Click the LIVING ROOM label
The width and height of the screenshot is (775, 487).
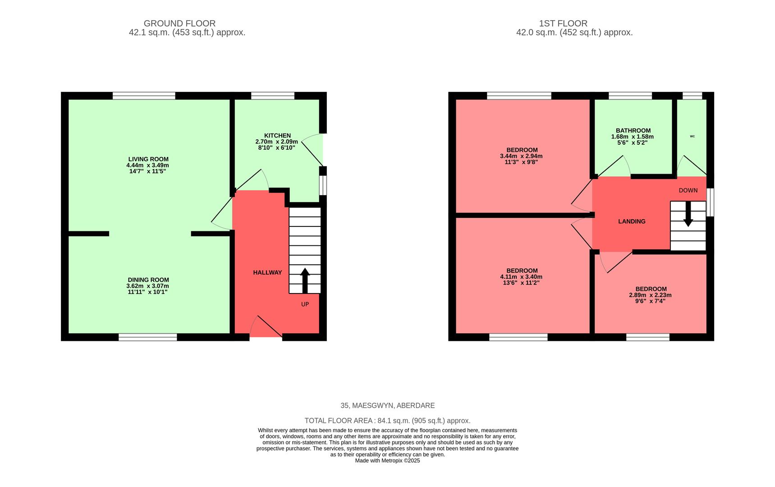click(148, 159)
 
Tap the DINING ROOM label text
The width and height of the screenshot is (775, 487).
click(148, 280)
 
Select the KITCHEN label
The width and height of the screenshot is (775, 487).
click(277, 136)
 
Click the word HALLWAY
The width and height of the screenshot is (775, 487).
click(267, 273)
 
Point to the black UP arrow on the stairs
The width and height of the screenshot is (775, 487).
click(305, 280)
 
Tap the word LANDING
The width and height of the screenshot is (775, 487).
click(632, 221)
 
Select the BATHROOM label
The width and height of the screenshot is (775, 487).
click(633, 131)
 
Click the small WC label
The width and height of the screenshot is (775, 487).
click(692, 136)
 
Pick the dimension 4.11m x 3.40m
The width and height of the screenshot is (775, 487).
click(521, 277)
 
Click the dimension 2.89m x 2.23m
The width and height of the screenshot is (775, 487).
click(650, 295)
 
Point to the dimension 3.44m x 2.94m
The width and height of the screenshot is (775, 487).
click(521, 156)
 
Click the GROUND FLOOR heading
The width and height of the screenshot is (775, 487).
click(179, 23)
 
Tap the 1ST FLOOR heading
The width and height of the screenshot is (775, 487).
click(563, 23)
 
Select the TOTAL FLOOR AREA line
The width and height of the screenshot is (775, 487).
click(387, 421)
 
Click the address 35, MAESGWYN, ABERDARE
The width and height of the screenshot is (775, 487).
click(387, 406)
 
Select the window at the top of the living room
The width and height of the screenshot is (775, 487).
click(144, 96)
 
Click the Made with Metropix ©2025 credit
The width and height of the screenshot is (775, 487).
click(387, 461)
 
